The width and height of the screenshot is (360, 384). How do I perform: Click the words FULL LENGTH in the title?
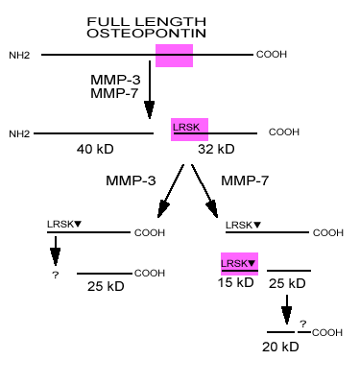(x=174, y=21)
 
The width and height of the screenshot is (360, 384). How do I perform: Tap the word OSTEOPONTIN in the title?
(x=174, y=34)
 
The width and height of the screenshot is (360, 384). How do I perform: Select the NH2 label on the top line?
(x=20, y=55)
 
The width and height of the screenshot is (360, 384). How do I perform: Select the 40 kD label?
(x=96, y=150)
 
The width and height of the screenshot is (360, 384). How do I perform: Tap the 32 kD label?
(x=216, y=150)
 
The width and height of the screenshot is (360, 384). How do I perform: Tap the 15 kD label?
(x=235, y=283)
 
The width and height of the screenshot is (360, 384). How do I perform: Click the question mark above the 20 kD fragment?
(x=301, y=324)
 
